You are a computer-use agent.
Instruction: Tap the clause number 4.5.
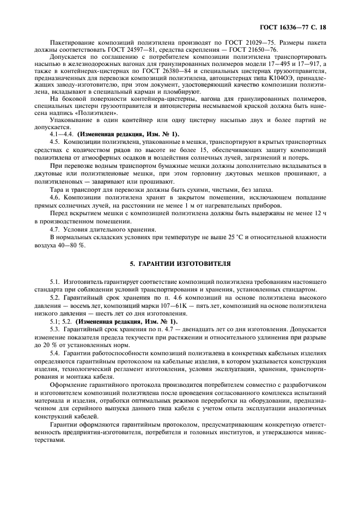(54, 141)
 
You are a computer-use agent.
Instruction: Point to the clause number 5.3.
(54, 330)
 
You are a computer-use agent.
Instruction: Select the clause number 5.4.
(54, 355)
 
